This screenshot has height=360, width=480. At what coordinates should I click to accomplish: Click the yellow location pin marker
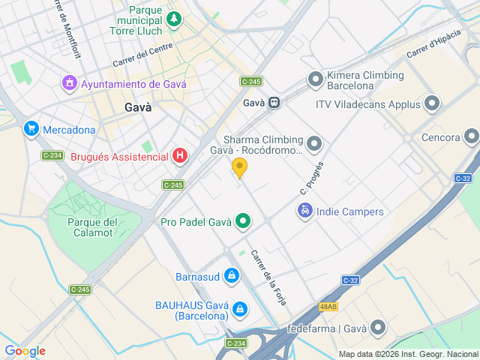pyautogui.click(x=239, y=168)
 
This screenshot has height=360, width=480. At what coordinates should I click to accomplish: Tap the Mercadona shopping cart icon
pyautogui.click(x=31, y=129)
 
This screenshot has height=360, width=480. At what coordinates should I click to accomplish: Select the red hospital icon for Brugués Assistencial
pyautogui.click(x=180, y=156)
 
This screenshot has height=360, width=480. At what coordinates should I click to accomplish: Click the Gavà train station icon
pyautogui.click(x=275, y=103)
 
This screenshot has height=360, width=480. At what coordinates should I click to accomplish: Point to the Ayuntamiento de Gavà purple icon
pyautogui.click(x=70, y=83)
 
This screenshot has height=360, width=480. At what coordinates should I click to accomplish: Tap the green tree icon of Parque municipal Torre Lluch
pyautogui.click(x=174, y=17)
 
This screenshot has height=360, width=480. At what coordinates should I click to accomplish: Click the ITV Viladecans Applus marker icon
pyautogui.click(x=432, y=103)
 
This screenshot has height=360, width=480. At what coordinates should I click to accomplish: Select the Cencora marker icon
pyautogui.click(x=471, y=136)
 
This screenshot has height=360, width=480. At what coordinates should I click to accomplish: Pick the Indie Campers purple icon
pyautogui.click(x=305, y=211)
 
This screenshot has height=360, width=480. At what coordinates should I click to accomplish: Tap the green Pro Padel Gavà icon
pyautogui.click(x=242, y=221)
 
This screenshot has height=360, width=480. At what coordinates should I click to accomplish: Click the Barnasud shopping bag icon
pyautogui.click(x=232, y=277)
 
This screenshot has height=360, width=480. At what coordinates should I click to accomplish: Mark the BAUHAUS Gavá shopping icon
pyautogui.click(x=239, y=308)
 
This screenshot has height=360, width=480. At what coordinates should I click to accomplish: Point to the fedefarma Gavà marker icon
pyautogui.click(x=377, y=328)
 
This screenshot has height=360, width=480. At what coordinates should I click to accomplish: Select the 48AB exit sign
pyautogui.click(x=328, y=307)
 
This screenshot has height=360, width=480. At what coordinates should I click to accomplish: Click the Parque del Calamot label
pyautogui.click(x=92, y=226)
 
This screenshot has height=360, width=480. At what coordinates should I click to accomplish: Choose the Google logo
pyautogui.click(x=25, y=350)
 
